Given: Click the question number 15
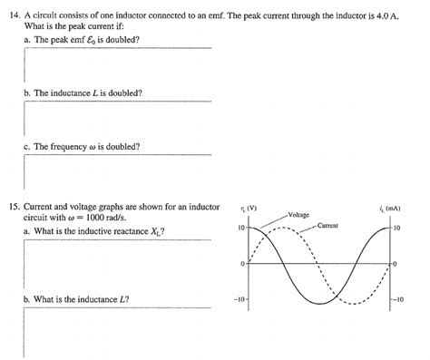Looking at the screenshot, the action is pos(13,208).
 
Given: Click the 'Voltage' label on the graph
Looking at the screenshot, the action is pos(298,214).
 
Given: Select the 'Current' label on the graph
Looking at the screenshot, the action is pos(327,224).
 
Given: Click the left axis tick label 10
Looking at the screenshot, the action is pos(240,228).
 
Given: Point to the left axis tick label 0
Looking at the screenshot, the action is pos(243,264).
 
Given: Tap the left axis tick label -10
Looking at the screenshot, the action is pos(239,300).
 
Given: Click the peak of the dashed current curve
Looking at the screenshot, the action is pos(285,228).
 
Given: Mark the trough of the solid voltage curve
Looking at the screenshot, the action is pos(319,301).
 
